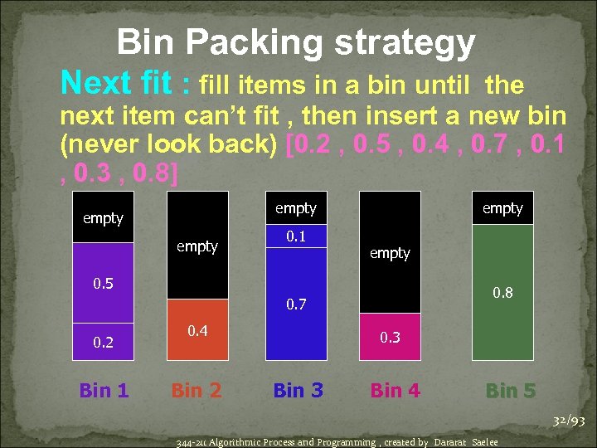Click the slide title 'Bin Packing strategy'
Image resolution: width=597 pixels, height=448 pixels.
(296, 41)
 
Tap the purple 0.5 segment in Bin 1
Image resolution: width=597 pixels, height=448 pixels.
(103, 282)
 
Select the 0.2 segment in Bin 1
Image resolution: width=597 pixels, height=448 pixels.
(103, 341)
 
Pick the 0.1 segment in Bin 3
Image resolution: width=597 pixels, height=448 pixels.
(296, 236)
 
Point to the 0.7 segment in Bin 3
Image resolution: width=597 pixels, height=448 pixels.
(296, 304)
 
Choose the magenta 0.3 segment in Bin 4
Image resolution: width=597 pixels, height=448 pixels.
(390, 337)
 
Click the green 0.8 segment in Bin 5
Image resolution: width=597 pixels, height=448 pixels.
(503, 292)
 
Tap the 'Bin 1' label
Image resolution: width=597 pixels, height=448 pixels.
(104, 389)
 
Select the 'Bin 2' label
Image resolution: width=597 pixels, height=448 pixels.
(197, 389)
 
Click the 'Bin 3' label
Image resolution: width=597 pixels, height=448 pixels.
(298, 389)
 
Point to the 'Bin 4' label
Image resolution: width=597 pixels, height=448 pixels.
(396, 389)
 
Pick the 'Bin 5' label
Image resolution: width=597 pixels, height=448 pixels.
(511, 389)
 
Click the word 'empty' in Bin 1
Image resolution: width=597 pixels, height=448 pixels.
(103, 218)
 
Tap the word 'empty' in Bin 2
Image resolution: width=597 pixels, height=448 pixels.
(197, 246)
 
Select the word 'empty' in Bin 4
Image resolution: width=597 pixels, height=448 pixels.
(390, 253)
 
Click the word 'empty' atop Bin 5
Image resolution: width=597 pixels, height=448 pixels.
(502, 208)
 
